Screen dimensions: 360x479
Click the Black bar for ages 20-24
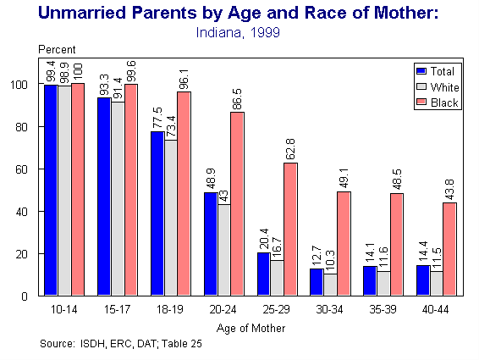[236, 204]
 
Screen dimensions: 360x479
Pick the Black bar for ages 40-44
[449, 249]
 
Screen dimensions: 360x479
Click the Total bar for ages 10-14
[50, 191]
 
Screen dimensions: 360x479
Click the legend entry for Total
[437, 69]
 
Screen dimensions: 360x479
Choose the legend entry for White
[437, 86]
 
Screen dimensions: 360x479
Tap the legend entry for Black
[437, 102]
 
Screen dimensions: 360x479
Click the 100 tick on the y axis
[22, 85]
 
